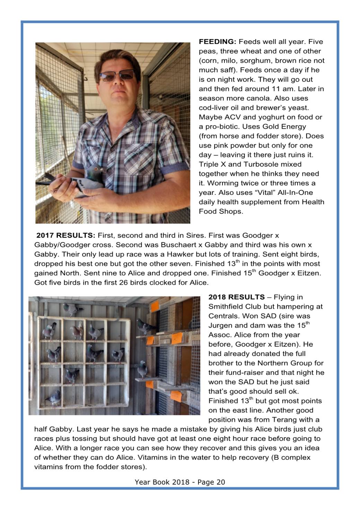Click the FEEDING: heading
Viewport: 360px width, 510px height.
point(217,42)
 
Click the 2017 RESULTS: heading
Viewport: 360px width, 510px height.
point(65,235)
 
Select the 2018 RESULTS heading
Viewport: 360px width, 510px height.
point(236,297)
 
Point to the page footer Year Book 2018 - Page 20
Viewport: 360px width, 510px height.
point(180,482)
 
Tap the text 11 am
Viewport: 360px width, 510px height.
point(283,89)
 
